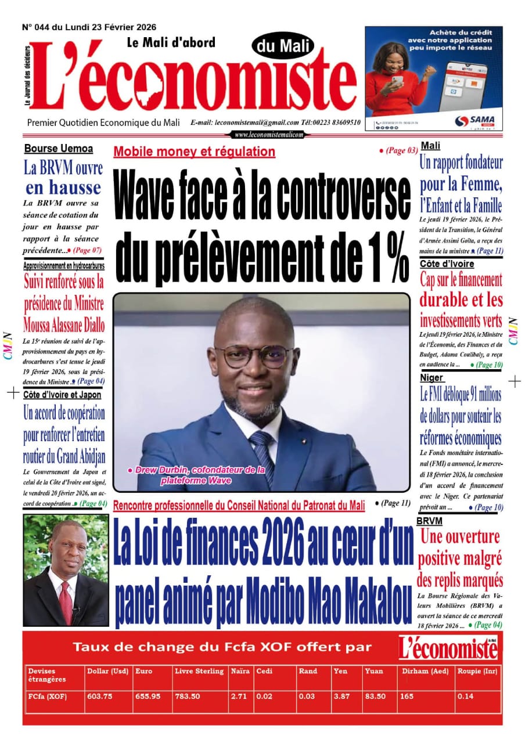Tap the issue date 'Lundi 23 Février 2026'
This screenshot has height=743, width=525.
[110, 27]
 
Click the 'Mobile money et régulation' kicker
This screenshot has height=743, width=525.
[195, 152]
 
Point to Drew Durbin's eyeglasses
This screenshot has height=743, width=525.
[254, 356]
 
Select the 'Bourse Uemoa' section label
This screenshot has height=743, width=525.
[59, 149]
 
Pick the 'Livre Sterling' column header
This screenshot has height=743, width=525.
[199, 671]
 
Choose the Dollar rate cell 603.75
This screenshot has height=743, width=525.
[99, 697]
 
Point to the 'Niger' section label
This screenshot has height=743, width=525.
[431, 378]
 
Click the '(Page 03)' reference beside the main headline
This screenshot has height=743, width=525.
[401, 150]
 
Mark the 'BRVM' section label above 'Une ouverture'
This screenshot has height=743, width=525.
[429, 521]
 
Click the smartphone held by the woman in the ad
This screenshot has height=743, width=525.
[397, 79]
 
